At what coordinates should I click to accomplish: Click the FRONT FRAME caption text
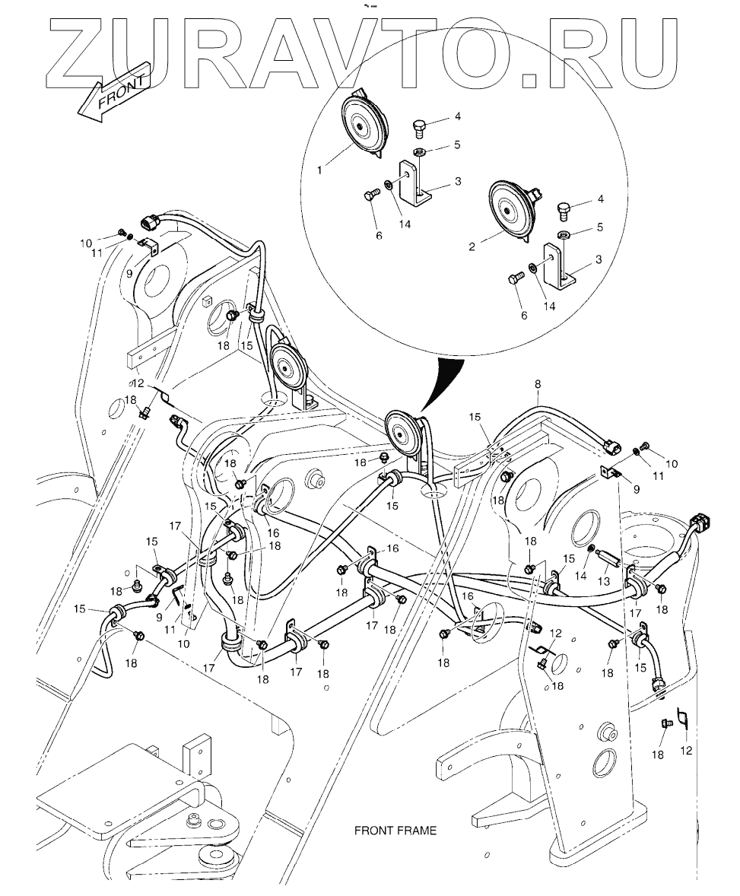395,831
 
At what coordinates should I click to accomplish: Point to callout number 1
320,171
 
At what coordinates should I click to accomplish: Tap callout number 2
473,247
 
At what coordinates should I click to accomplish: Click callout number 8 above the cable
538,385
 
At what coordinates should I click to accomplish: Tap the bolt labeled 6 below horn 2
514,280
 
